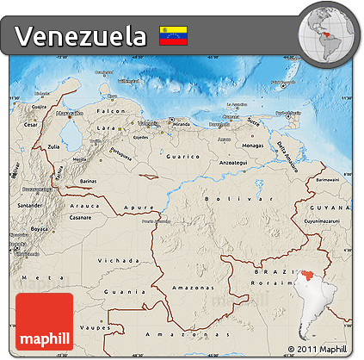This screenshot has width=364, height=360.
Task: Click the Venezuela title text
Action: click(x=81, y=36)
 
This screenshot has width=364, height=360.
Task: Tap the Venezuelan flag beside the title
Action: click(x=173, y=36)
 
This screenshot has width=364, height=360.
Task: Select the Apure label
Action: click(x=134, y=207)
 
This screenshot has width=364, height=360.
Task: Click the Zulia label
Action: click(x=54, y=147)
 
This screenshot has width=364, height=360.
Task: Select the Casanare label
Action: click(x=80, y=217)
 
